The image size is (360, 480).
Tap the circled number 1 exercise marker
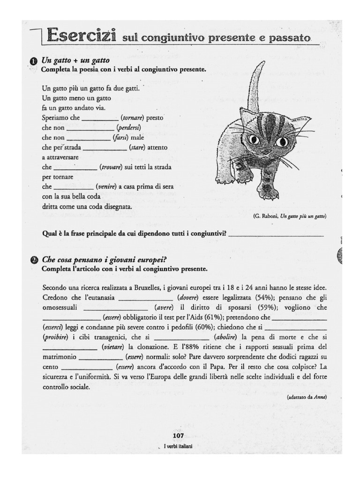[33, 61]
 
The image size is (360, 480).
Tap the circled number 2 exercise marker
[33, 259]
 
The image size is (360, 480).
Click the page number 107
[178, 435]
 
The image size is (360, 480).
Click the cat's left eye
[254, 139]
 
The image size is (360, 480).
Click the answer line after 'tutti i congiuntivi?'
[276, 233]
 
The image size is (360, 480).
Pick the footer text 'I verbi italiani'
[178, 446]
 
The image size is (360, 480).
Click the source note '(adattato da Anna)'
[307, 397]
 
